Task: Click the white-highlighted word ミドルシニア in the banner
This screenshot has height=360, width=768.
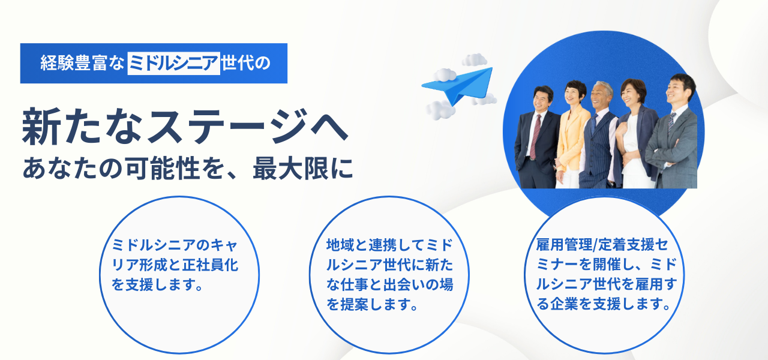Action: pyautogui.click(x=173, y=64)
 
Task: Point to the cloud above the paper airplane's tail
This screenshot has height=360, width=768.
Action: pyautogui.click(x=475, y=59)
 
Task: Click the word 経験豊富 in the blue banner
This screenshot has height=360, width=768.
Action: pyautogui.click(x=74, y=64)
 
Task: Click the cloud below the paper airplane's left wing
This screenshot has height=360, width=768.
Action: pyautogui.click(x=440, y=110)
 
